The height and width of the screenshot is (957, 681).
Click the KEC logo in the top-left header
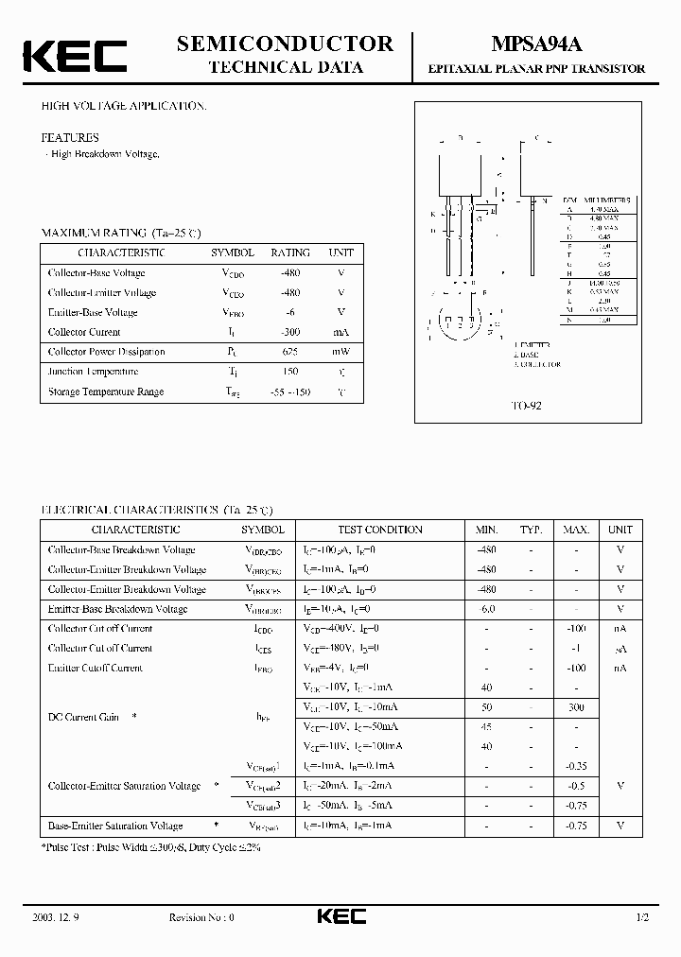tap(74, 56)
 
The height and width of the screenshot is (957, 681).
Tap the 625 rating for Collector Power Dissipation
tap(290, 352)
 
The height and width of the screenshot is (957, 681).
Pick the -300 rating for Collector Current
tap(290, 332)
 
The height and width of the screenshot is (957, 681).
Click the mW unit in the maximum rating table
tap(340, 352)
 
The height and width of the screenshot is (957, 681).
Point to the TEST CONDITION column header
tap(379, 530)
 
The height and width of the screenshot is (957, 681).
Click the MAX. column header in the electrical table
tap(576, 530)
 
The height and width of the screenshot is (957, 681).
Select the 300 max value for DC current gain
tap(576, 707)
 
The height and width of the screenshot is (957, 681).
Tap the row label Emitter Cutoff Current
tap(96, 669)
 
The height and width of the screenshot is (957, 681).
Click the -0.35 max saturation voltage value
tap(576, 766)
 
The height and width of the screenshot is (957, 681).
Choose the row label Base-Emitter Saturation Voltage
tap(115, 826)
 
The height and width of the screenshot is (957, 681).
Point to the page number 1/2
tap(644, 918)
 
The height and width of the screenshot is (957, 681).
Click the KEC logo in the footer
tap(340, 917)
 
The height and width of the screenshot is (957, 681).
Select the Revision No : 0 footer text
tap(201, 918)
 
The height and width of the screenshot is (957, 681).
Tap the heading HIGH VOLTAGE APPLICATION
tap(124, 107)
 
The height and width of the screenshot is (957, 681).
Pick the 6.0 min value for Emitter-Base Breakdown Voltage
tap(487, 609)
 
